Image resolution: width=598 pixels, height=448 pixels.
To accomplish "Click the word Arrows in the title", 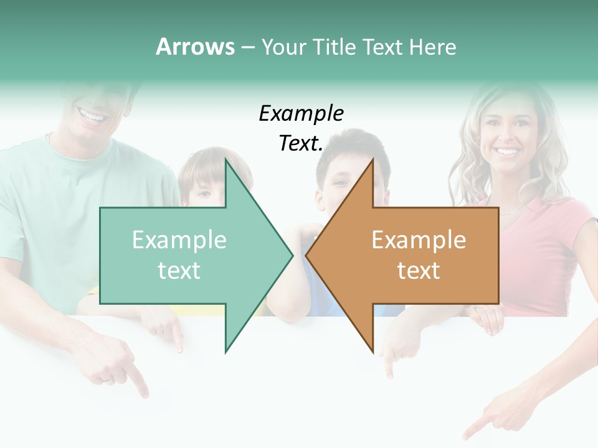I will click(195, 47).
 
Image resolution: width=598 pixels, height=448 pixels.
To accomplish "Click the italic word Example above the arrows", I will click(301, 114).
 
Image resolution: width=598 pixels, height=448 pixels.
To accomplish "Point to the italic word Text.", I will click(301, 144).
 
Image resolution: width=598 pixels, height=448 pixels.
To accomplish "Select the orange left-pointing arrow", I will click(411, 255).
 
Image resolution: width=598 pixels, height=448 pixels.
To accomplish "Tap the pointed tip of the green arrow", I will click(291, 255).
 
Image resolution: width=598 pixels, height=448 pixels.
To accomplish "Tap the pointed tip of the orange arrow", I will click(308, 255).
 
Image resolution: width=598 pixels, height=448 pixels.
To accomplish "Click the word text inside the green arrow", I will click(179, 271).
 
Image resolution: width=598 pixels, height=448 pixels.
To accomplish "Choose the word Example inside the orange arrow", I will click(419, 240).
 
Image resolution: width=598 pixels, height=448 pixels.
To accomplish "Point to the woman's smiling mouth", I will click(506, 151).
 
